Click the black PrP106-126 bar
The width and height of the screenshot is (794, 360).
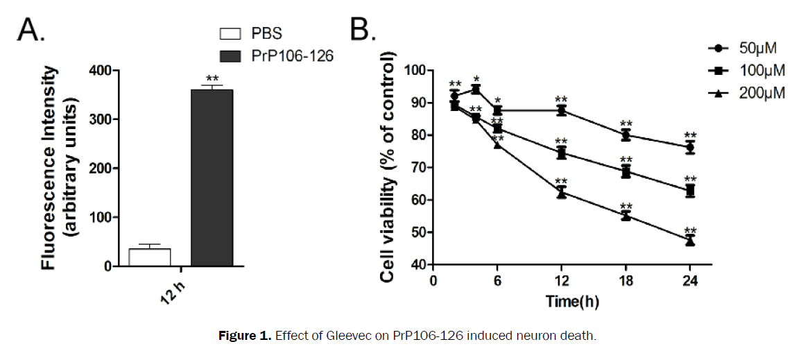click(212, 178)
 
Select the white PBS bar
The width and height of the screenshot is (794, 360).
click(150, 257)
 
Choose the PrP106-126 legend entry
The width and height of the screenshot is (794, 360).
click(276, 55)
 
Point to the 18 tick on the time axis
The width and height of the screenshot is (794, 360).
click(626, 281)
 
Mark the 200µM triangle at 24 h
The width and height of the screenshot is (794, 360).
click(690, 241)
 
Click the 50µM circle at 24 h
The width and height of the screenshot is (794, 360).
click(690, 148)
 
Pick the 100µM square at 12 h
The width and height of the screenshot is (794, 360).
click(562, 153)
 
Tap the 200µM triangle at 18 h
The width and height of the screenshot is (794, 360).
click(626, 216)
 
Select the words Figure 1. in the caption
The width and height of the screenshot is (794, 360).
click(246, 336)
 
